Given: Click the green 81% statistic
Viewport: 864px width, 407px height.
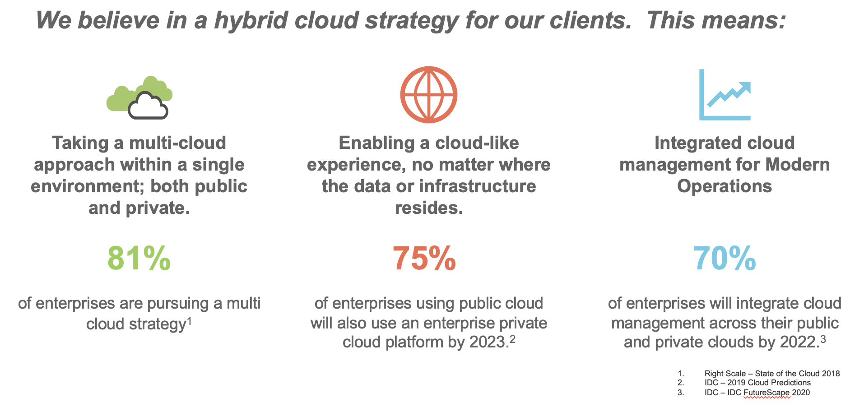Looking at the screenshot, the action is tap(139, 259).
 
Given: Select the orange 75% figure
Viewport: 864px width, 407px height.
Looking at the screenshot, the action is tap(424, 259).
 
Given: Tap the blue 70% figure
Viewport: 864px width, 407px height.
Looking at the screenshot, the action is tap(725, 259).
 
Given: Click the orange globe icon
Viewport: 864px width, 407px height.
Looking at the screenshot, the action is tap(429, 95).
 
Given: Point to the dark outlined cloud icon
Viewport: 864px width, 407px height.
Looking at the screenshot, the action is tap(148, 106).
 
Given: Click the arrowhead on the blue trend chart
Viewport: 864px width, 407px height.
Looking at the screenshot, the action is tap(744, 87).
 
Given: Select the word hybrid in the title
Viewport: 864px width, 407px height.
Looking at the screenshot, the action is tap(251, 20).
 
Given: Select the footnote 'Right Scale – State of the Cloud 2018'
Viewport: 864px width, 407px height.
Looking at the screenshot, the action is tap(772, 374).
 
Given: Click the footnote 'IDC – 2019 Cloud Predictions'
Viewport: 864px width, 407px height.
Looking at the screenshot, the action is tap(757, 383).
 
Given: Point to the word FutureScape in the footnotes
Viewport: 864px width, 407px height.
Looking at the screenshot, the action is tap(766, 393).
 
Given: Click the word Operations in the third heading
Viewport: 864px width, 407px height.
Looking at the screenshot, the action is tap(725, 186).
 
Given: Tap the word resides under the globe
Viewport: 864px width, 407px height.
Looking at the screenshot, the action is tap(429, 208).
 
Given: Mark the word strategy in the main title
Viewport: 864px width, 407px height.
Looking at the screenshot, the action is tap(413, 21).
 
